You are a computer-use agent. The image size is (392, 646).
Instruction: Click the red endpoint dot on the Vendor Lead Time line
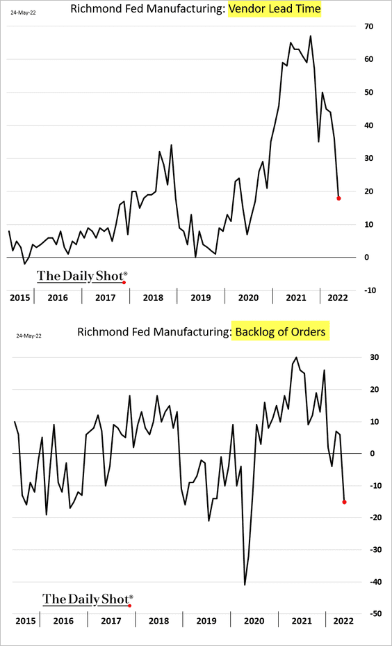click(x=338, y=198)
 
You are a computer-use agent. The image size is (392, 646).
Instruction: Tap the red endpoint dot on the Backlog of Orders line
click(x=344, y=502)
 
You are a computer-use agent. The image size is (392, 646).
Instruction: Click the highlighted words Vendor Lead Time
click(x=275, y=8)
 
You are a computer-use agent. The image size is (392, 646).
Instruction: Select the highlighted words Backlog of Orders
click(x=280, y=331)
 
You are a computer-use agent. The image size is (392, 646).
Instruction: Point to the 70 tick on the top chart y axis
click(x=368, y=26)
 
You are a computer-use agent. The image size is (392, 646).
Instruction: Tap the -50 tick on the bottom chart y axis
click(x=375, y=613)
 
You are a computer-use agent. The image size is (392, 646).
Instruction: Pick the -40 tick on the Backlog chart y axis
click(x=375, y=582)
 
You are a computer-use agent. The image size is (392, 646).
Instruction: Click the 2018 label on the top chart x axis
click(x=153, y=297)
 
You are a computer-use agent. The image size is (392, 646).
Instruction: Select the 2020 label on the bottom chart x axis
click(x=254, y=621)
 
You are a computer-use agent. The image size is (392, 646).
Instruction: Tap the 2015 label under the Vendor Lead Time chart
click(x=19, y=297)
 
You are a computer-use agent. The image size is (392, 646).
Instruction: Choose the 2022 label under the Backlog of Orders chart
click(x=343, y=621)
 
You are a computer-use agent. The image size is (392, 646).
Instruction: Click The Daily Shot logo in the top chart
click(x=82, y=276)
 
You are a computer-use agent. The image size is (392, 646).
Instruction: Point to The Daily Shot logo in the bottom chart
click(x=88, y=599)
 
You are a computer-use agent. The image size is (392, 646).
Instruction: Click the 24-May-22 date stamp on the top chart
click(x=23, y=13)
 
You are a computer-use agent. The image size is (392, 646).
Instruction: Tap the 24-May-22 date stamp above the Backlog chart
click(x=28, y=336)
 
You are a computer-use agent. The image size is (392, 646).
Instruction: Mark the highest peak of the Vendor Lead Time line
click(x=311, y=36)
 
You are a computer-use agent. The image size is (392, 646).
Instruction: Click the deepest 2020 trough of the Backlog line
click(x=245, y=584)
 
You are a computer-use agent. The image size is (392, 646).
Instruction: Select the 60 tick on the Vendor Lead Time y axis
click(x=368, y=59)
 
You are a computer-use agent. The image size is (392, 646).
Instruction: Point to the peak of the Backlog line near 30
click(x=296, y=358)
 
